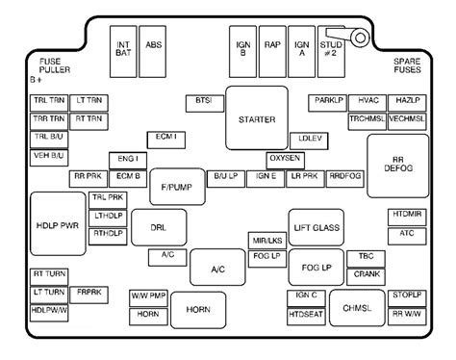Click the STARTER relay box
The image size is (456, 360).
click(257, 117)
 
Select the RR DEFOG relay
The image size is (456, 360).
click(398, 166)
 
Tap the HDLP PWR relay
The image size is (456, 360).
click(58, 224)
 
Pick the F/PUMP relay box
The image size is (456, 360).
click(177, 187)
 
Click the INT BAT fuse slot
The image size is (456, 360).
click(123, 52)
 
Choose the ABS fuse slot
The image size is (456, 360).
click(153, 52)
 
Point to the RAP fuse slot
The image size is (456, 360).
click(272, 52)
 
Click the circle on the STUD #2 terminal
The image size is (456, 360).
click(360, 38)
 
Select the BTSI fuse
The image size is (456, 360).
click(205, 104)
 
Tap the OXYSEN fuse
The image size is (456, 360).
click(285, 161)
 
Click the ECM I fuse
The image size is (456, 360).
click(166, 140)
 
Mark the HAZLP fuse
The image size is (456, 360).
click(407, 103)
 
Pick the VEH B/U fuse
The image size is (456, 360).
click(49, 158)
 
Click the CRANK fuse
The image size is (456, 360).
click(366, 277)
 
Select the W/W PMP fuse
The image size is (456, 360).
click(148, 298)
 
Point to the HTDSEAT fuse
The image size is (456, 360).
click(306, 317)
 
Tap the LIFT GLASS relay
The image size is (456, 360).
click(317, 227)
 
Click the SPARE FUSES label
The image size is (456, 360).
click(407, 65)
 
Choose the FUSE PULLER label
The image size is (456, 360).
click(55, 65)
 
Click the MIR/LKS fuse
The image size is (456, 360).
click(267, 241)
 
